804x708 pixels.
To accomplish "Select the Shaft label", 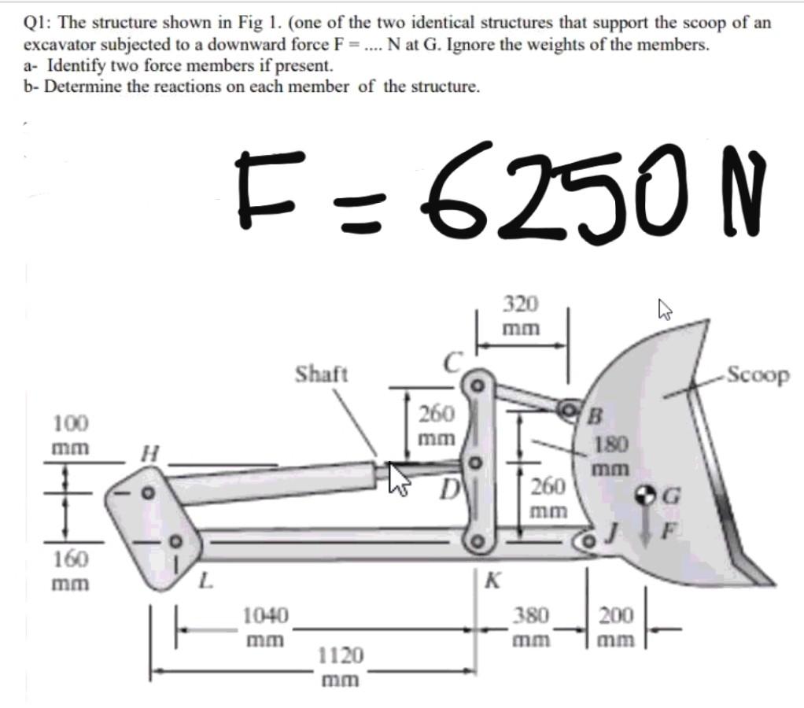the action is tap(321, 374).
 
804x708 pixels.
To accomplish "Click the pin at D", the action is tap(476, 463).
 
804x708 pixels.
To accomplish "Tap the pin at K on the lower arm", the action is tap(477, 541).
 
